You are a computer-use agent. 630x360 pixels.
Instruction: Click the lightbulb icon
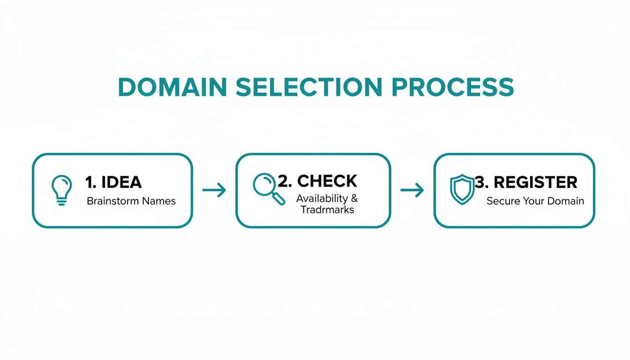(61, 190)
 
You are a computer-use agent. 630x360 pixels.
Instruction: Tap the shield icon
(462, 189)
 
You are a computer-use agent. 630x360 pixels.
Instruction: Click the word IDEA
(120, 182)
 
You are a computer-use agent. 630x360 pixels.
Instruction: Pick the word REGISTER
(536, 182)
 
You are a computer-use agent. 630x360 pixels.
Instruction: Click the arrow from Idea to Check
(214, 190)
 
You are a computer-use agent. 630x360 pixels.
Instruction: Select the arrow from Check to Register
(412, 190)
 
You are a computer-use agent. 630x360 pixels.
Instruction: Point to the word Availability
(322, 198)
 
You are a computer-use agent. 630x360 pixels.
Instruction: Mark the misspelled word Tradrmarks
(327, 210)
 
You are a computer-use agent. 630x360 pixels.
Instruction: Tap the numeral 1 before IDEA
(89, 182)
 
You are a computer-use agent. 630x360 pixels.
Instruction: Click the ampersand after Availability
(354, 198)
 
